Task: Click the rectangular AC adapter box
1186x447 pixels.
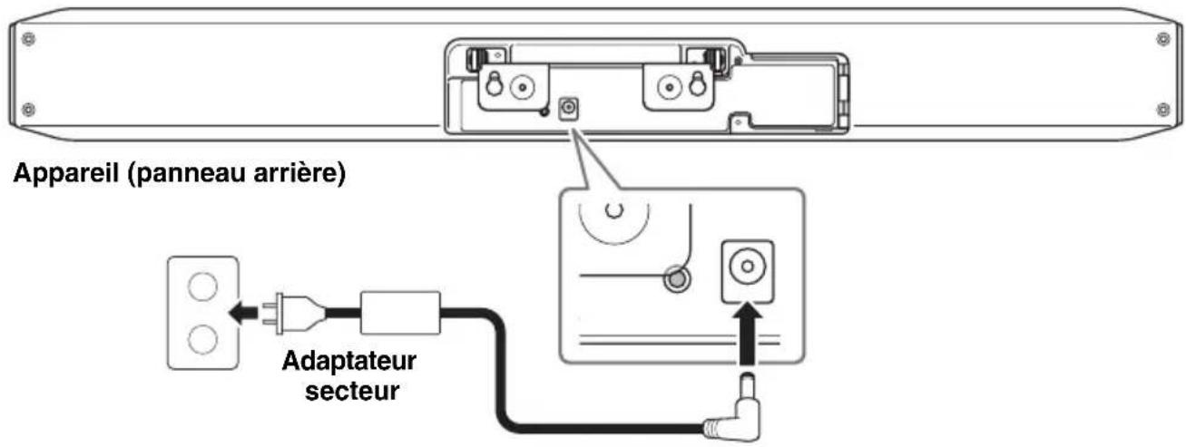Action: coord(400,314)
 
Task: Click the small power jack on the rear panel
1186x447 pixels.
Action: coord(570,109)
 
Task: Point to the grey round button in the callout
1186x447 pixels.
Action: coord(673,277)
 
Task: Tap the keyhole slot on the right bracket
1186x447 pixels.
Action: coord(697,83)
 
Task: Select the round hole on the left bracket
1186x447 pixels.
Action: coord(521,88)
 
